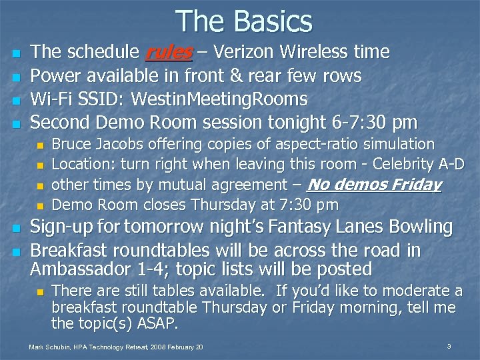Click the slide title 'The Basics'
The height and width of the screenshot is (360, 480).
point(244,21)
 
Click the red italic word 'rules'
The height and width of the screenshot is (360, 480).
point(169,52)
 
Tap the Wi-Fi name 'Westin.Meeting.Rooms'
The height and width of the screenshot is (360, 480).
point(219,100)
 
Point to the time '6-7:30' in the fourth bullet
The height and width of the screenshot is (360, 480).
point(361,123)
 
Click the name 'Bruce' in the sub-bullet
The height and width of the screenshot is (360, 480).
point(71,145)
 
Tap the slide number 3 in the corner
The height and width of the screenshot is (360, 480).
point(449,346)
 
